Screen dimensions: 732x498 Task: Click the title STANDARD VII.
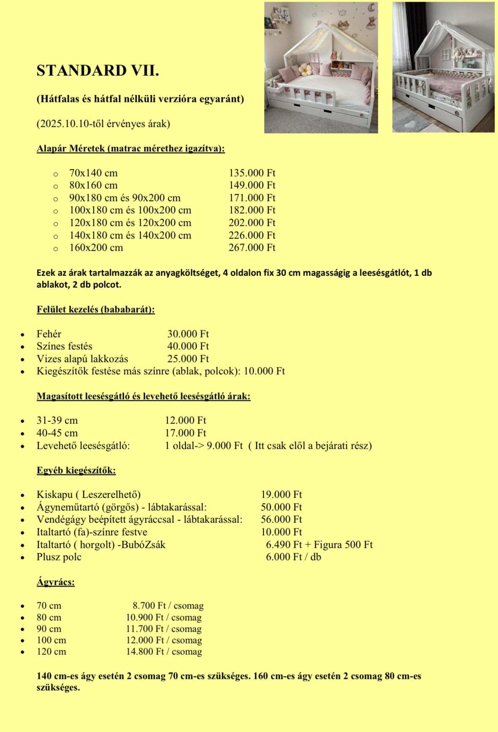98,71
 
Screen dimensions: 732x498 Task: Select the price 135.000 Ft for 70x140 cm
252,173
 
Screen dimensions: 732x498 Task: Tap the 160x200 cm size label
96,248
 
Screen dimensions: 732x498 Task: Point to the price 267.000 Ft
252,248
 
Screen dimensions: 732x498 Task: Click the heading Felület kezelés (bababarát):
96,309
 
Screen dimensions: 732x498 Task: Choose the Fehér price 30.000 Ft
188,334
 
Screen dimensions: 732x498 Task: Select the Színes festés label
64,346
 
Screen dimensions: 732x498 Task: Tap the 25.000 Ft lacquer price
188,359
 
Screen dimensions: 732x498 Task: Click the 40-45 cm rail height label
57,433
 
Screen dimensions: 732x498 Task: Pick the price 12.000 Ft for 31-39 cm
185,421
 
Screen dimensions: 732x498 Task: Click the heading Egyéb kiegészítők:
76,470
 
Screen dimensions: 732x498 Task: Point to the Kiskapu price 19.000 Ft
281,495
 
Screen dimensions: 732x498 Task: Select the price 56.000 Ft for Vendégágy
281,520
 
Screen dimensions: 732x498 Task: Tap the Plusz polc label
59,557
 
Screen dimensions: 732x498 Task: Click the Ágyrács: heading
56,582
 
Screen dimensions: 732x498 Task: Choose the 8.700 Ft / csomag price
168,606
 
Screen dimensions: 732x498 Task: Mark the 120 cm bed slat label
51,652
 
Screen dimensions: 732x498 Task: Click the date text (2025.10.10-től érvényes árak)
103,124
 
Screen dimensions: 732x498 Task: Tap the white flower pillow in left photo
304,69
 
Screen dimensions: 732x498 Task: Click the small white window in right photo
445,54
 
